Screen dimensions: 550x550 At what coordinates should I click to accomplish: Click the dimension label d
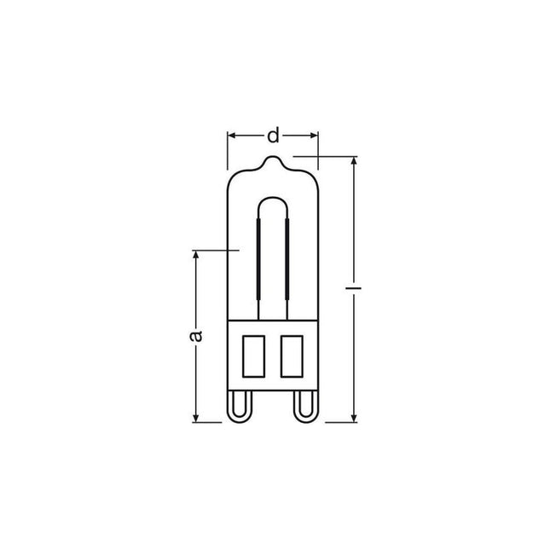[x=273, y=136]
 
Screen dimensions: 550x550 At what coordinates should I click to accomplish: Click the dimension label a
[x=196, y=335]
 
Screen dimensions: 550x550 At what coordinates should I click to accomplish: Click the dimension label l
[x=354, y=288]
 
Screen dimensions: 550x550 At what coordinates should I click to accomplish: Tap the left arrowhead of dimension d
[x=231, y=136]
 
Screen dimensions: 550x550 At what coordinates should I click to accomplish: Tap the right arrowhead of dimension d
[x=315, y=136]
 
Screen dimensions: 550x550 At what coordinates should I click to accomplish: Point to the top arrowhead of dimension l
[x=354, y=160]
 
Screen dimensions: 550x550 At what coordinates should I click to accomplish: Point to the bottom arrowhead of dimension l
[x=354, y=418]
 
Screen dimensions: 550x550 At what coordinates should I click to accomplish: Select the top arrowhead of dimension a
[x=196, y=254]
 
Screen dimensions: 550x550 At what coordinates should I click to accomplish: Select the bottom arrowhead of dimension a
[x=196, y=418]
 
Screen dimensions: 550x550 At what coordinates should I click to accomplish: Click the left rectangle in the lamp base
[x=253, y=356]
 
